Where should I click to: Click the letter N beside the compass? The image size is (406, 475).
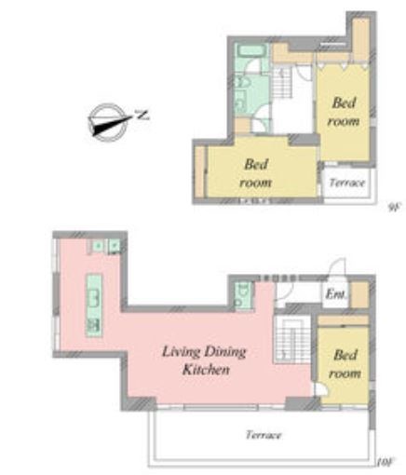point(142,115)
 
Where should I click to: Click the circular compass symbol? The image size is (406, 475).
point(109,122)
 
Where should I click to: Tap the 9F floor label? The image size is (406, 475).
point(395,207)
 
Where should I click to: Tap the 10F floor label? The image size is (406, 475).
point(386,462)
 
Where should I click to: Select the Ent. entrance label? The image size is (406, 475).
point(335,293)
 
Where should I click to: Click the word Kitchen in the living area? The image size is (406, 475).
point(206,370)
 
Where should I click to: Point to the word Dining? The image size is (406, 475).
point(225,352)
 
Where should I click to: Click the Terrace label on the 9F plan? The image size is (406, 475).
point(346,183)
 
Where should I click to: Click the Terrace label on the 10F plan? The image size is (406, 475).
point(264,435)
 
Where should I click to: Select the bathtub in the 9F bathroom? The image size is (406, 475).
point(251,50)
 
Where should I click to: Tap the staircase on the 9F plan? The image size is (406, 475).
point(282,82)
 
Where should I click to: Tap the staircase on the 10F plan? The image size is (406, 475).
point(292,339)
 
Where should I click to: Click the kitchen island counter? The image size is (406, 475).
point(94,305)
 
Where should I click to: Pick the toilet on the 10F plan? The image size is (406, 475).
point(243,295)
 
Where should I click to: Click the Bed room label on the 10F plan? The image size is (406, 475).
point(345,364)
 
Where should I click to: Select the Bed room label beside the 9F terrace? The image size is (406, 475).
point(344,112)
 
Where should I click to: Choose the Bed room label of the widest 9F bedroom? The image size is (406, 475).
point(255,173)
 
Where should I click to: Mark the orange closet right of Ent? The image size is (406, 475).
point(359,294)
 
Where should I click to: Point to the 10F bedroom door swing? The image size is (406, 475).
point(320,389)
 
